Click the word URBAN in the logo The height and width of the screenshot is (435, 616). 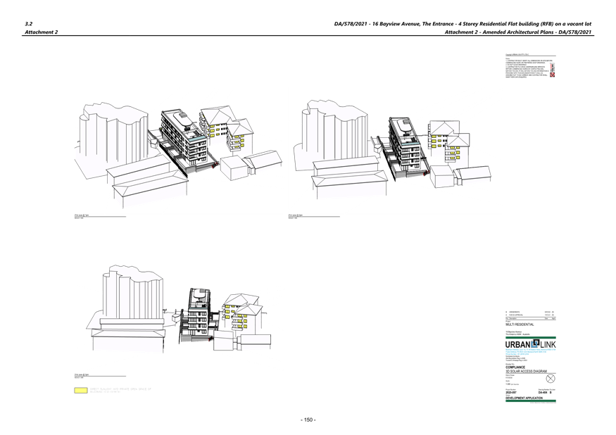coord(518,344)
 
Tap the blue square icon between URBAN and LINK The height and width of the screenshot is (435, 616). coord(534,343)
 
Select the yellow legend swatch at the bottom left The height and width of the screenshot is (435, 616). coord(81,389)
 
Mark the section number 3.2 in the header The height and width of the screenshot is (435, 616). coord(29,23)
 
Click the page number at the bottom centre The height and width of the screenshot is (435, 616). coord(308,420)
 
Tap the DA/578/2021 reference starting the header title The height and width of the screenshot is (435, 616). coord(351,23)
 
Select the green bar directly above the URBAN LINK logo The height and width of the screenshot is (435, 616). coord(530,336)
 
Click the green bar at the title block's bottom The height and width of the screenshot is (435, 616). coord(530,401)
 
